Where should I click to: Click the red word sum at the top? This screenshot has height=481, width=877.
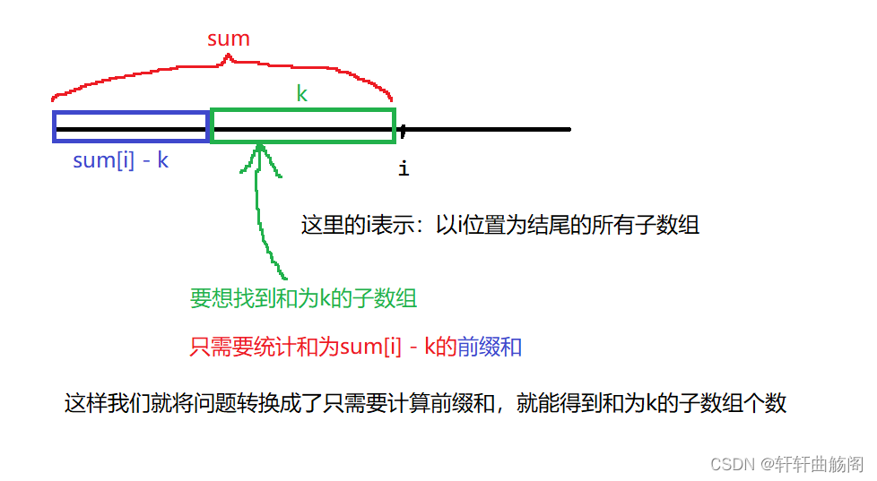228,39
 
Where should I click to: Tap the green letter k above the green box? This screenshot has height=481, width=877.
302,94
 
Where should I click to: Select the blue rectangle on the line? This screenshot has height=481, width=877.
131,126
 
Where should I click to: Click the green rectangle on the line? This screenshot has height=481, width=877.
302,125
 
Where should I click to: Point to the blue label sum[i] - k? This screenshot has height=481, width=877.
121,161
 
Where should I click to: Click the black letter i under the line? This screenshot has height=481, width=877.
404,167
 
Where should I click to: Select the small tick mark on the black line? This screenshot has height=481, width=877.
403,132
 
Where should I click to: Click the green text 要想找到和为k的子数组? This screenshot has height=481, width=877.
303,298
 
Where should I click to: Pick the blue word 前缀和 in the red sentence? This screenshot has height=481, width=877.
490,348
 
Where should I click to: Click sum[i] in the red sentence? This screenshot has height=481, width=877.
370,348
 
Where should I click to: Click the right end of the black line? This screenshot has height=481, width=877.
568,129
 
